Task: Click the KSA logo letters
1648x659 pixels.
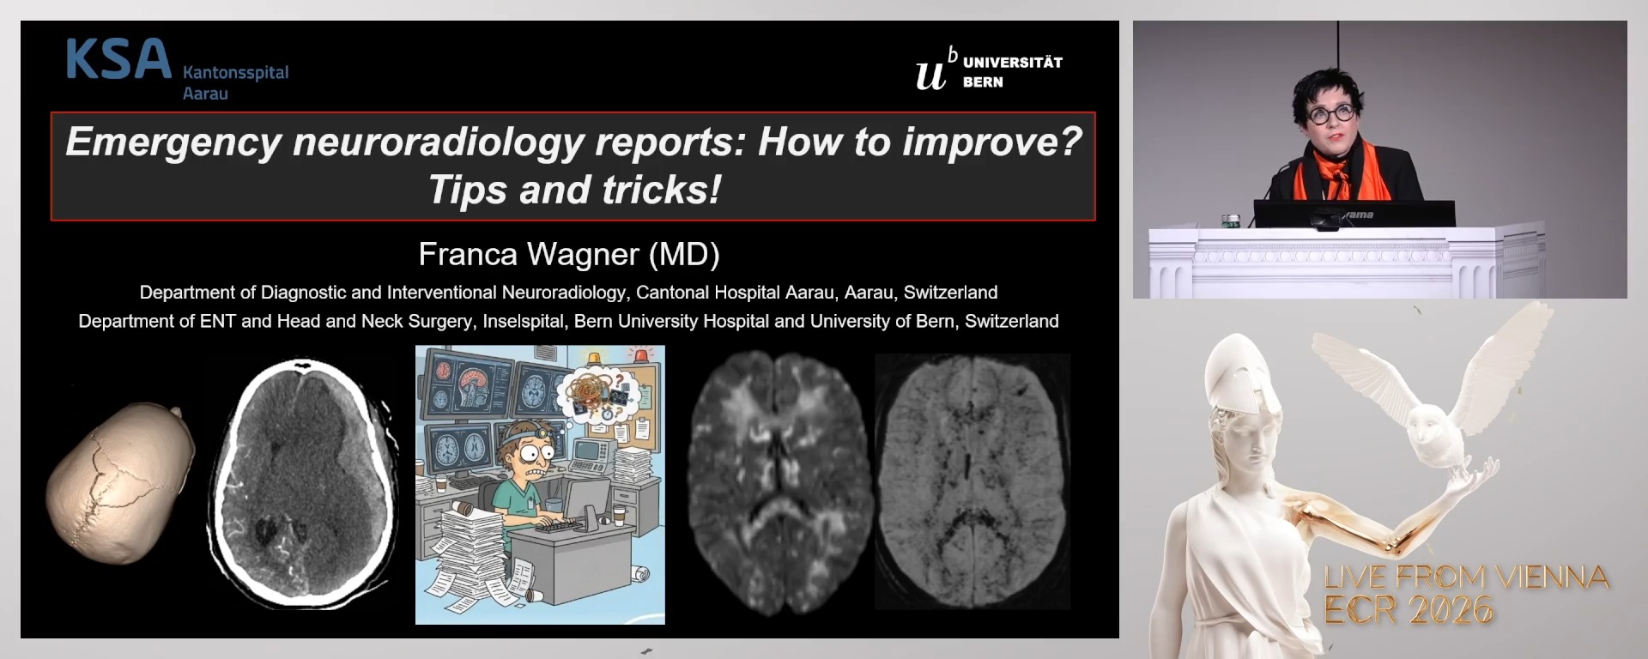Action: click(x=118, y=60)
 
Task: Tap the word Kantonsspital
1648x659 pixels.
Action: click(x=236, y=72)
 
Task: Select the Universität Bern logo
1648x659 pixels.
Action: click(x=989, y=69)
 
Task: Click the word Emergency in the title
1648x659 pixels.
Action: click(x=173, y=142)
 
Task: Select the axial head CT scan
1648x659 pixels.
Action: click(x=304, y=478)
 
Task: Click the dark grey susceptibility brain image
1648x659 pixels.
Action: click(x=972, y=481)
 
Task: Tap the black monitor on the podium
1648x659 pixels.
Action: click(x=1354, y=214)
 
